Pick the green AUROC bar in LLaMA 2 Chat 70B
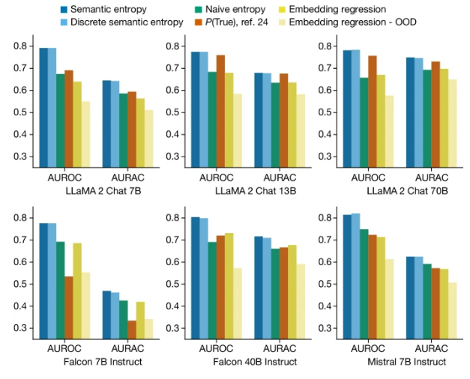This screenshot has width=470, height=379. pyautogui.click(x=364, y=122)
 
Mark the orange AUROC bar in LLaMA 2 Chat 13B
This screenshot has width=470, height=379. pyautogui.click(x=220, y=112)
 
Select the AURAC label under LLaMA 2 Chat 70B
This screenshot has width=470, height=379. pyautogui.click(x=432, y=178)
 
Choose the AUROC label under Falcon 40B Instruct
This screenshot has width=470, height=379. pyautogui.click(x=214, y=349)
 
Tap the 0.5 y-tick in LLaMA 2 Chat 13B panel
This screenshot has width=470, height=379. pyautogui.click(x=171, y=112)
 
